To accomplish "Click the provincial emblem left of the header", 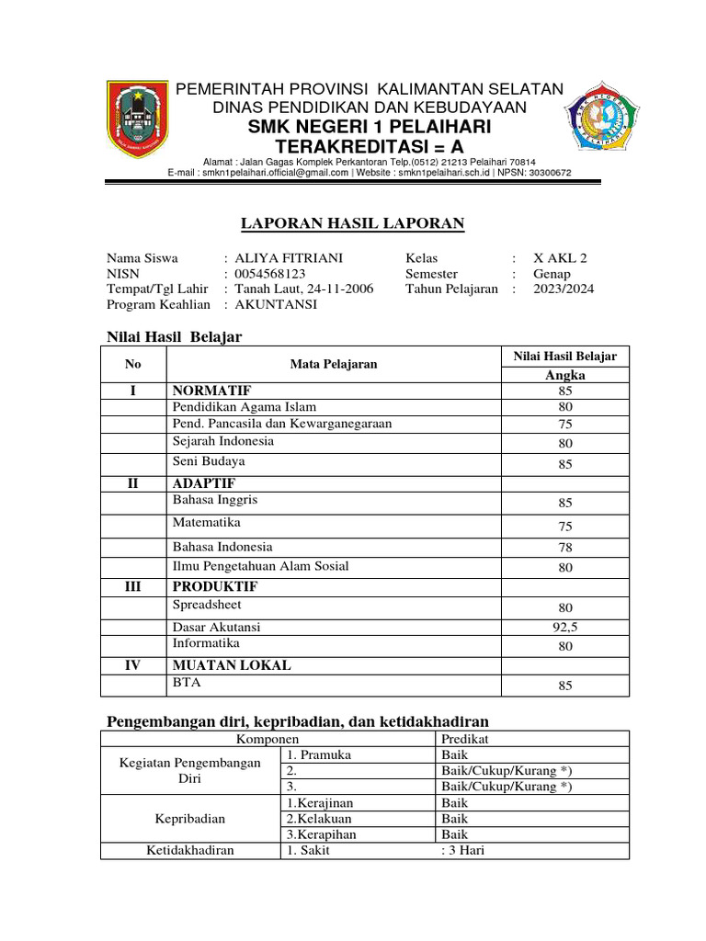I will (137, 119).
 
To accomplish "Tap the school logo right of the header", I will (602, 119).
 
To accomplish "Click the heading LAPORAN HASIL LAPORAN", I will (352, 223).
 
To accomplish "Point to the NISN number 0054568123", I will (270, 274).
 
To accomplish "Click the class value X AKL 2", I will (560, 259).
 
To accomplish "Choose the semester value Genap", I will (552, 274).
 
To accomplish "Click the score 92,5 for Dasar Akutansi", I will (564, 628).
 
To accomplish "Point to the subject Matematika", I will (206, 522).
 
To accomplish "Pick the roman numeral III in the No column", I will (132, 586).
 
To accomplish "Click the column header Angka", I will (564, 375).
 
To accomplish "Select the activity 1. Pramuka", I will (319, 754).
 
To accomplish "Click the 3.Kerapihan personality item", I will (321, 834).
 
